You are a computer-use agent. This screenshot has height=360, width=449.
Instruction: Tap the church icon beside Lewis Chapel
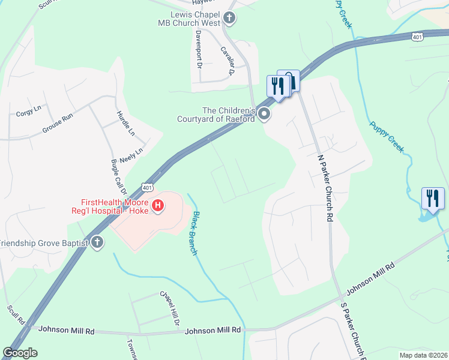point(229,18)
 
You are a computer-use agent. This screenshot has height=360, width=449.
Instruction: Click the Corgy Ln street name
point(29,112)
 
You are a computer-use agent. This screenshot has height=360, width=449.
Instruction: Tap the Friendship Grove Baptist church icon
point(97,243)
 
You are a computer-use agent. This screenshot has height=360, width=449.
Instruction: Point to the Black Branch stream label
point(195,233)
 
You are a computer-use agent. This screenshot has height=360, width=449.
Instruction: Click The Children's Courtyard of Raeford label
point(216,114)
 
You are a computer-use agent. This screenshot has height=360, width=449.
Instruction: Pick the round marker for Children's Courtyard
point(264,114)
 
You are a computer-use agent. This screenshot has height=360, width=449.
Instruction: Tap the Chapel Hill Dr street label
point(169,308)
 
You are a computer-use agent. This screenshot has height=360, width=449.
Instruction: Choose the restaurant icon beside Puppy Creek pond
point(433,198)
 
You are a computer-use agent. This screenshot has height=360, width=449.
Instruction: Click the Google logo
point(20,353)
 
